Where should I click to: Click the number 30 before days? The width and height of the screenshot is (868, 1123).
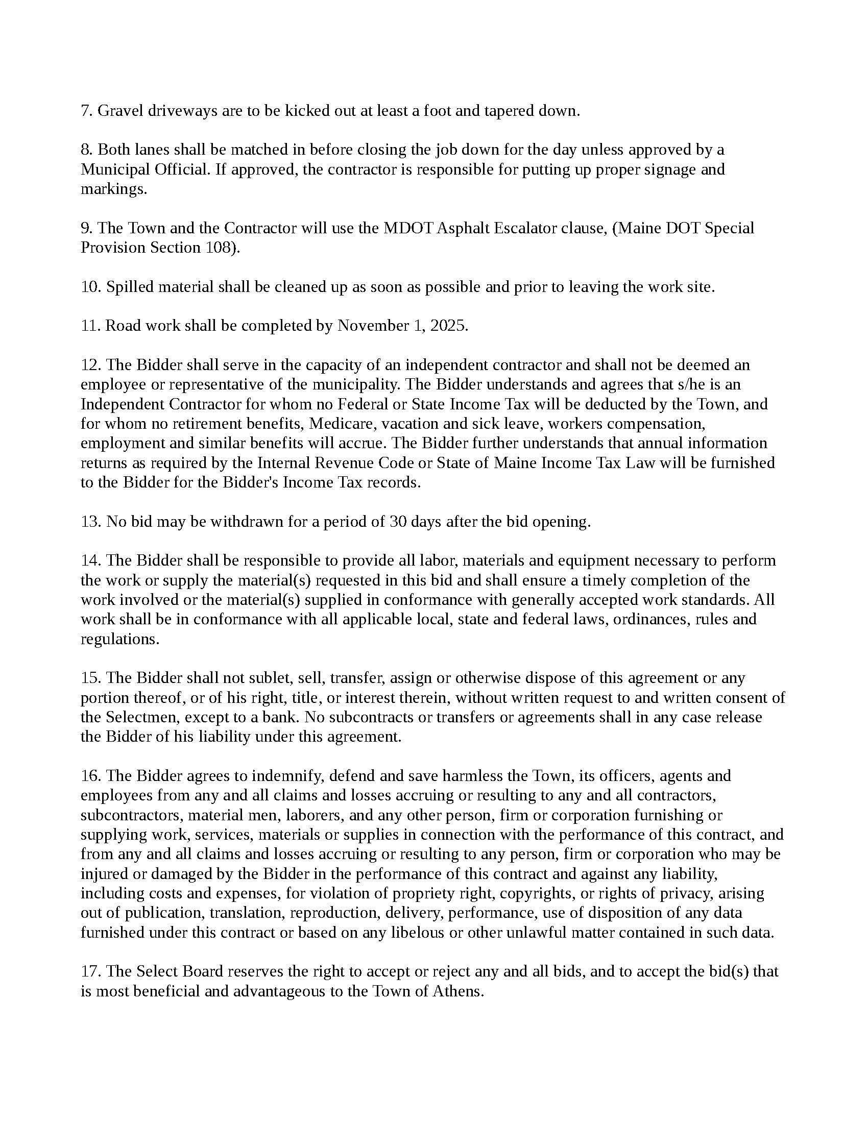point(399,521)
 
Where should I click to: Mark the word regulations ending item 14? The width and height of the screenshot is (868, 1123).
point(120,639)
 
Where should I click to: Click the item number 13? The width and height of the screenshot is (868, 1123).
point(90,521)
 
